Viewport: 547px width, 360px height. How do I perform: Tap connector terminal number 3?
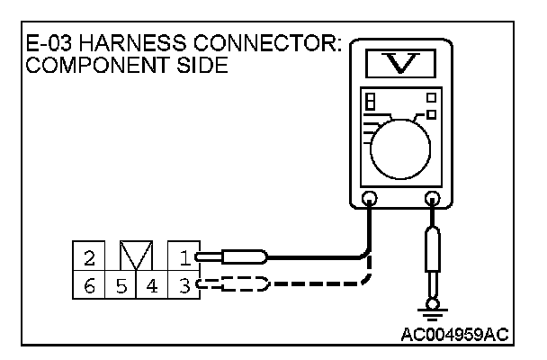pos(184,287)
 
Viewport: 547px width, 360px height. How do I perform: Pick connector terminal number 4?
pos(152,287)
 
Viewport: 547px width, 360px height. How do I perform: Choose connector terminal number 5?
pos(121,287)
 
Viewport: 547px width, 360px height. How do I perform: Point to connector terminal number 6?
pos(89,287)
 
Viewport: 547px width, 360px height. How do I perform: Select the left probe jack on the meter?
pos(369,200)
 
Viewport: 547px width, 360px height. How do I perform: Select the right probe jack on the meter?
pos(433,200)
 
